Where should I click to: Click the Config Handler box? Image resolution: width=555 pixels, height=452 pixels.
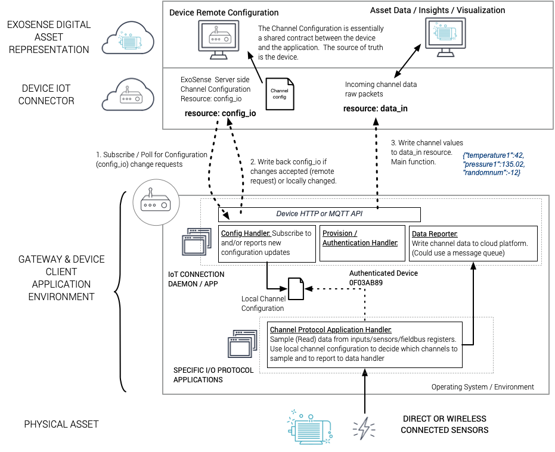[266, 243]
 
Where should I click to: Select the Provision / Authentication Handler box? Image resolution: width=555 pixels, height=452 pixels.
[360, 243]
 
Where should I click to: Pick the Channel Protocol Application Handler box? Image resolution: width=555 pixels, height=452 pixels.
[365, 345]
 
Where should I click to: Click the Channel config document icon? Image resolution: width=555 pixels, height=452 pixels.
[280, 93]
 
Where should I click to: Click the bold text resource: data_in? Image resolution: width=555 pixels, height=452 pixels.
[375, 108]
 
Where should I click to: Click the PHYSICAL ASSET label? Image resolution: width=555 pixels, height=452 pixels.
[61, 424]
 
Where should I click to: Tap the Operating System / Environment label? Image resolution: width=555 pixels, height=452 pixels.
[482, 387]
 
